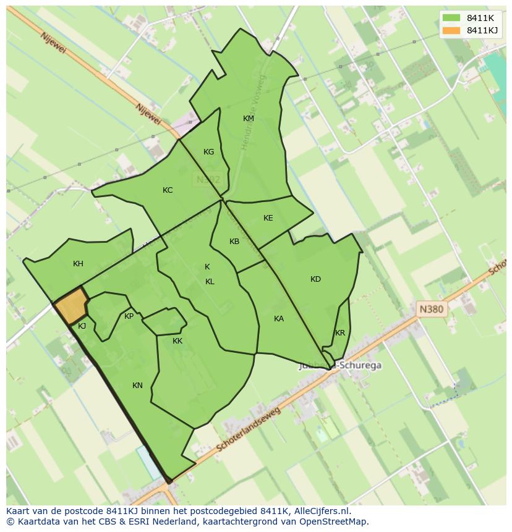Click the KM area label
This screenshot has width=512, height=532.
(x=249, y=119)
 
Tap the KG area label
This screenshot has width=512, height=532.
(x=209, y=152)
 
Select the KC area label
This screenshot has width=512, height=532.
(x=168, y=190)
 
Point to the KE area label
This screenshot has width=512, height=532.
(x=268, y=218)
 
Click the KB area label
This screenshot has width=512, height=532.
(x=234, y=242)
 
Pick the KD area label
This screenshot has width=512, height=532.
(x=316, y=279)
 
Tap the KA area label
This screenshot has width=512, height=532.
(x=279, y=319)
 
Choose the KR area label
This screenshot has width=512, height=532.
(x=340, y=333)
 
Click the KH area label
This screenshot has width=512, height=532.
(x=78, y=264)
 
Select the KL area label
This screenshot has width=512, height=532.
(x=210, y=282)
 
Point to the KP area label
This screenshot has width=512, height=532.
(x=129, y=316)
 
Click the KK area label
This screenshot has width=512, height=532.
(x=177, y=341)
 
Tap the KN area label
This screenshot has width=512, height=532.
(x=137, y=386)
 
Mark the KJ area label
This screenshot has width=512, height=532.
(x=82, y=326)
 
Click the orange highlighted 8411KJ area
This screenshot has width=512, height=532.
(x=70, y=305)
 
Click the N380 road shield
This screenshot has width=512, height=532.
(x=431, y=310)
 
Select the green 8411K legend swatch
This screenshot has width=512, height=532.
(x=451, y=18)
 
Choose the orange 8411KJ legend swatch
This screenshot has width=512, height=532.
(x=451, y=30)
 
